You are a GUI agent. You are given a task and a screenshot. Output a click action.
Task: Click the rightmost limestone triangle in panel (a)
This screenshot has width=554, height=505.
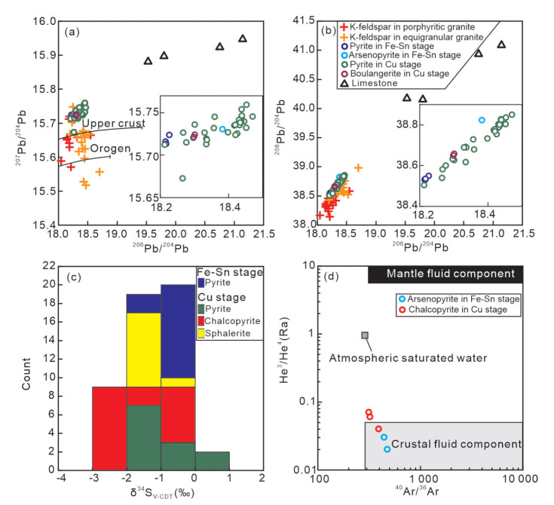[x=243, y=38]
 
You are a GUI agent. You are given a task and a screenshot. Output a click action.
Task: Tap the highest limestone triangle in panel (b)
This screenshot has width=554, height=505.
[x=501, y=44]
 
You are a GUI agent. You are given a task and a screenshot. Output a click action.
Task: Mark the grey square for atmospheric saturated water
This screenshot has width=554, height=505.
[x=365, y=335]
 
